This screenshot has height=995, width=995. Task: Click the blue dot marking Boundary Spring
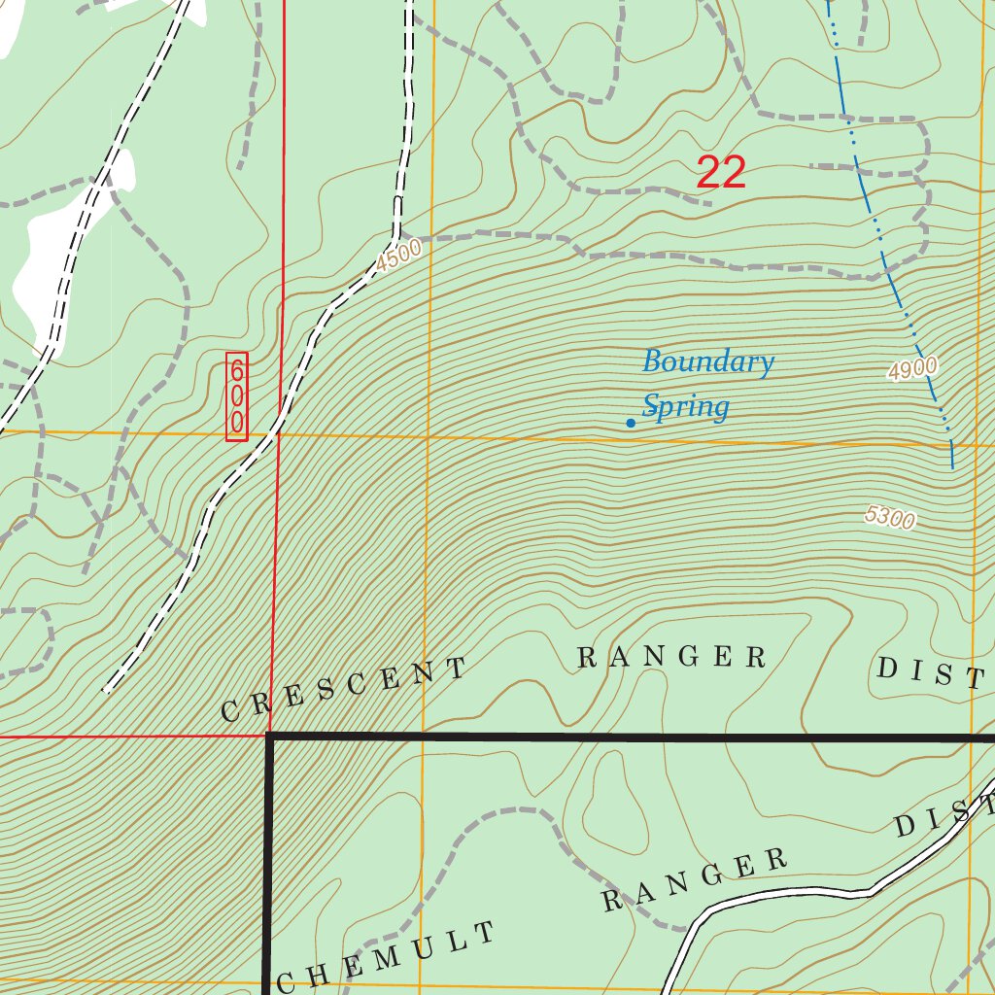coord(631,423)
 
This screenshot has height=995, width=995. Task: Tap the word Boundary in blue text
coord(707,362)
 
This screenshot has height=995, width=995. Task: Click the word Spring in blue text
coord(685,406)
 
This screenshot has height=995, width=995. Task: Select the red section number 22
coord(721,173)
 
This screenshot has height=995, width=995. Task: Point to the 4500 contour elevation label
coord(399,255)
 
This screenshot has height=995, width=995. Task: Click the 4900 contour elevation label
coord(911,368)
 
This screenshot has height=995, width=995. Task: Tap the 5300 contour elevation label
coord(890,518)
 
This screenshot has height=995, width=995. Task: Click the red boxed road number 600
coord(236,396)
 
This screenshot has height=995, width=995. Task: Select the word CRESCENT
coord(343,690)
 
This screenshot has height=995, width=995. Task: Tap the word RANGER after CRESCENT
coord(672,657)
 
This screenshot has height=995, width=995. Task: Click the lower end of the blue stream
coord(952,466)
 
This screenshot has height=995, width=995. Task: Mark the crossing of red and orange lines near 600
coord(280,434)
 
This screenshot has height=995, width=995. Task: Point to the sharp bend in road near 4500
coord(396,236)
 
